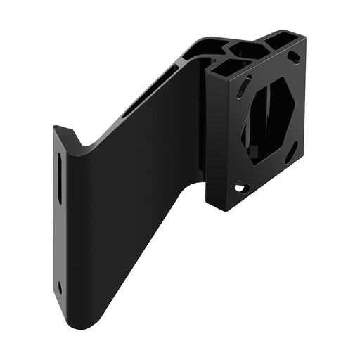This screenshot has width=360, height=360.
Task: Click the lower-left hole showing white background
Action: tap(240, 188)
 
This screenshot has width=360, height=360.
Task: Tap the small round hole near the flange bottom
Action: tap(60, 287)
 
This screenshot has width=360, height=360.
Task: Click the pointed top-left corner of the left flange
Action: tap(56, 128)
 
